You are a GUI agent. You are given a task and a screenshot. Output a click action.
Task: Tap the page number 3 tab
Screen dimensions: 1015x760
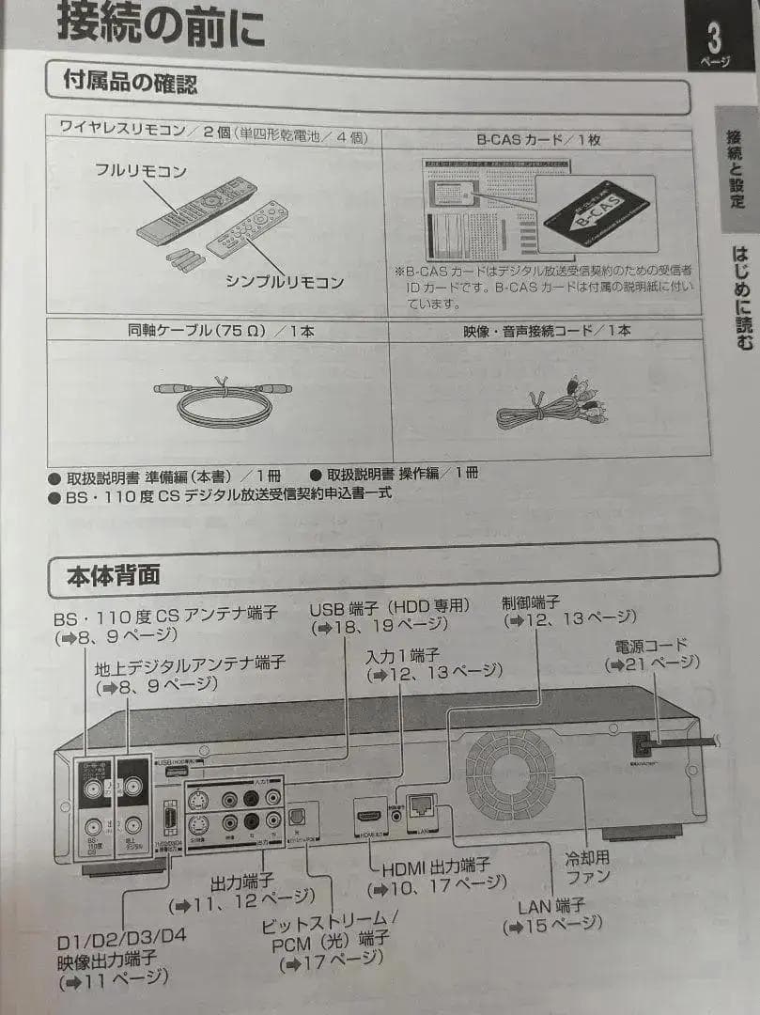[717, 42]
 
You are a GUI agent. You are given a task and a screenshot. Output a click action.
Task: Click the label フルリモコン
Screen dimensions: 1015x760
[140, 171]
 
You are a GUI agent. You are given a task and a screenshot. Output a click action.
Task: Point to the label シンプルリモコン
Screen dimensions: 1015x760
[284, 281]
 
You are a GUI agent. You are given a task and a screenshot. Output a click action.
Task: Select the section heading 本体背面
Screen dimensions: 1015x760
[114, 573]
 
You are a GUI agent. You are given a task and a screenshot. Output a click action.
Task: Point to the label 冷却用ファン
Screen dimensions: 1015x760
[587, 867]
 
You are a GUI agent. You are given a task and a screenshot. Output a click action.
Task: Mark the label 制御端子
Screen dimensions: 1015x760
[531, 601]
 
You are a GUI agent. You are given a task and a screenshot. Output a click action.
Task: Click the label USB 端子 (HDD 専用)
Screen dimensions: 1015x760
[389, 609]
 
